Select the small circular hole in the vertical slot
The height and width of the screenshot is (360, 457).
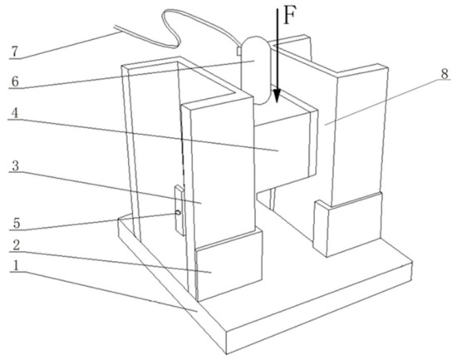pos(178,213)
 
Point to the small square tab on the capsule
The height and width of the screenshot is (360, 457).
pos(238,51)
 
